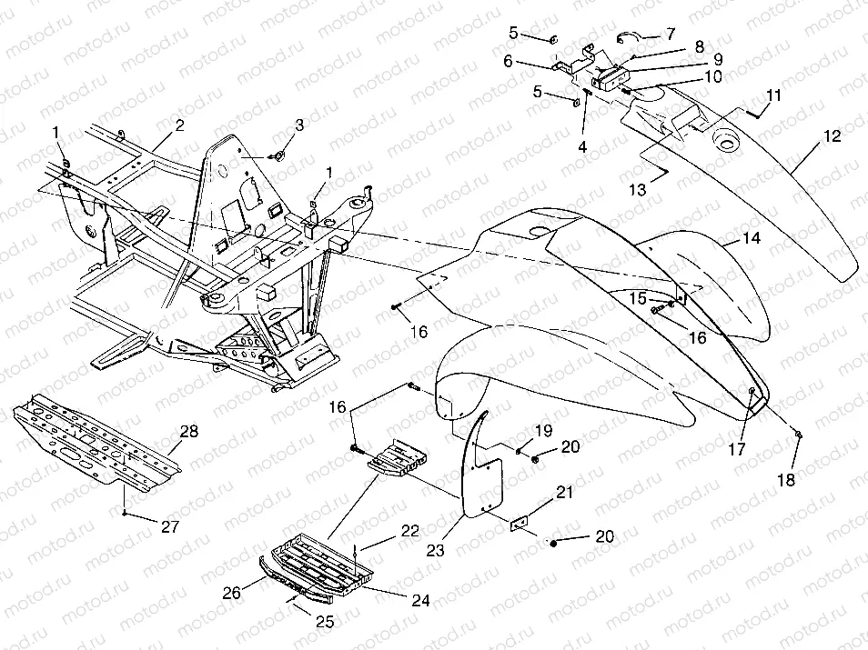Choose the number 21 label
565,492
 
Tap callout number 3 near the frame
298,125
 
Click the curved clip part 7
631,37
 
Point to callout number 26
233,593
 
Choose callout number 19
542,429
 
